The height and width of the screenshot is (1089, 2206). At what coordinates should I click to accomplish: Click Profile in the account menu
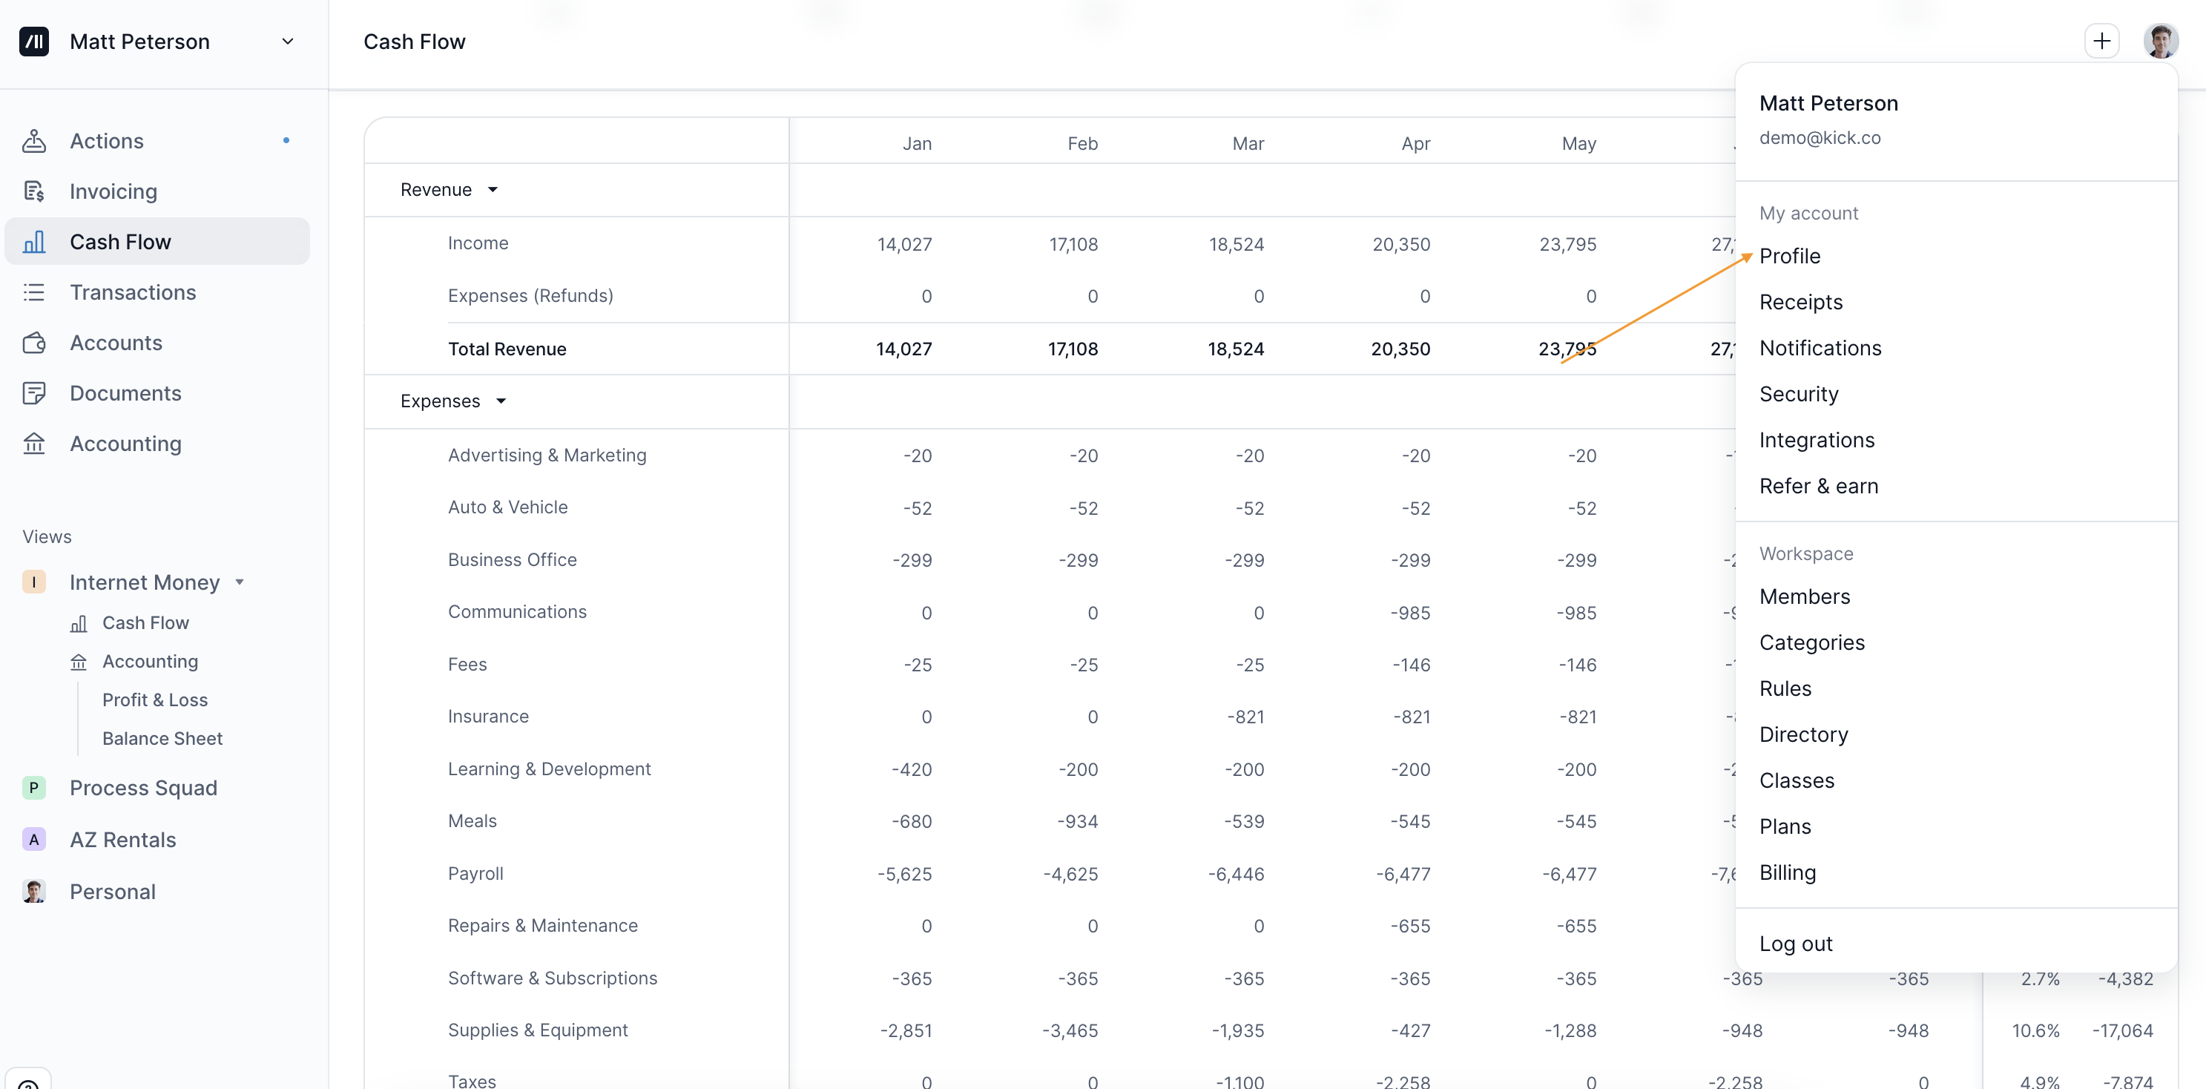pyautogui.click(x=1790, y=256)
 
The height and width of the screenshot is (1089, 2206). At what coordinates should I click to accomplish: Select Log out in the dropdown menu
pyautogui.click(x=1796, y=944)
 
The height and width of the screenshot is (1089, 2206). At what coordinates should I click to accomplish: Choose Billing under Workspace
pyautogui.click(x=1787, y=872)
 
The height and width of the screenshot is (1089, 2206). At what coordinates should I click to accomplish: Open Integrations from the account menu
pyautogui.click(x=1817, y=440)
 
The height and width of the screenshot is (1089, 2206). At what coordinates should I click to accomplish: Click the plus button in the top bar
pyautogui.click(x=2101, y=41)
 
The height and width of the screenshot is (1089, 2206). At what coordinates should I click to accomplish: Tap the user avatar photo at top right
pyautogui.click(x=2161, y=41)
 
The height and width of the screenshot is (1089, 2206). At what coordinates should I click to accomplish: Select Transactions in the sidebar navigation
pyautogui.click(x=133, y=292)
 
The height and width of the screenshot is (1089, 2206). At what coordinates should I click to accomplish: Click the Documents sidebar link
pyautogui.click(x=125, y=393)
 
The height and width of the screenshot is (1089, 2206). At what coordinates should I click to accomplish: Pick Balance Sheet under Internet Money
pyautogui.click(x=162, y=738)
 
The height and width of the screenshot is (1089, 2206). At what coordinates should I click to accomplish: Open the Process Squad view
pyautogui.click(x=143, y=788)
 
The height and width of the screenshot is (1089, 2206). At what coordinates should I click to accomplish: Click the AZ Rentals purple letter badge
pyautogui.click(x=34, y=839)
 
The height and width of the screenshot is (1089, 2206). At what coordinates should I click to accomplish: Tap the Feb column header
pyautogui.click(x=1082, y=143)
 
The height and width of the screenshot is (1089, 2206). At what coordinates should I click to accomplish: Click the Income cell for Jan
pyautogui.click(x=904, y=244)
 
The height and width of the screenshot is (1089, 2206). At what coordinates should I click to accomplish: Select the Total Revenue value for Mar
pyautogui.click(x=1236, y=349)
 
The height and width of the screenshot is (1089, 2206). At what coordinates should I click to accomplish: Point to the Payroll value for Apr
pyautogui.click(x=1403, y=874)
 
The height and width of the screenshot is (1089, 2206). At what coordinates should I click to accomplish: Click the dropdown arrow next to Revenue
pyautogui.click(x=493, y=190)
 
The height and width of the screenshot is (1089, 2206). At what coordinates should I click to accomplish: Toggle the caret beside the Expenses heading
pyautogui.click(x=501, y=401)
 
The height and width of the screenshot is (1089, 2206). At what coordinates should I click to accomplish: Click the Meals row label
pyautogui.click(x=472, y=821)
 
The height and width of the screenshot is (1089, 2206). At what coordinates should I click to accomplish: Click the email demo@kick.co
pyautogui.click(x=1820, y=138)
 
